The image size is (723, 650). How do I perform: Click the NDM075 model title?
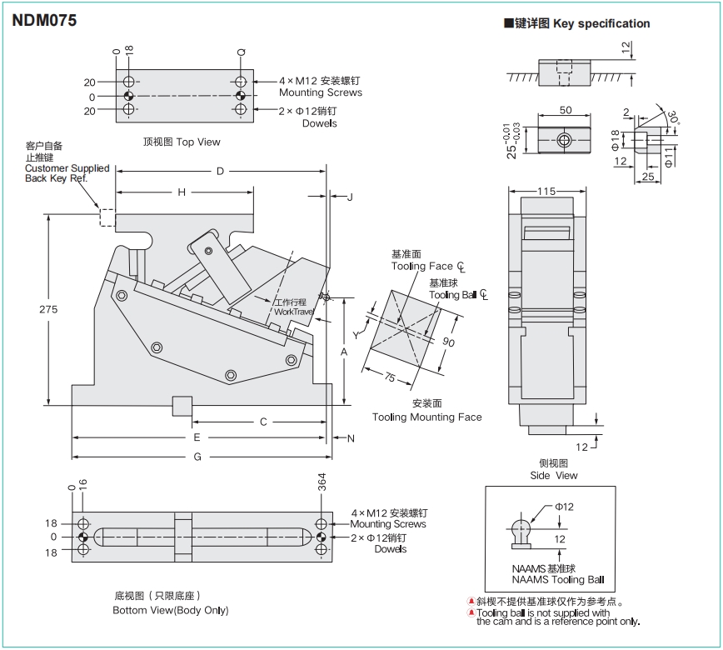[44, 21]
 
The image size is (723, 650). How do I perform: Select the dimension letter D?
[221, 172]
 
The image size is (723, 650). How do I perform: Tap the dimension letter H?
[182, 192]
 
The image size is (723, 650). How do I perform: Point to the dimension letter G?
[197, 457]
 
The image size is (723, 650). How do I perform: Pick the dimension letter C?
[263, 422]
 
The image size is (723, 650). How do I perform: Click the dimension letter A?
[343, 352]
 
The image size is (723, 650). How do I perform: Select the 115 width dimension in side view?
[546, 192]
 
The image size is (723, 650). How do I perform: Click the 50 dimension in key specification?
[566, 110]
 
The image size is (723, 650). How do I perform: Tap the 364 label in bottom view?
[322, 482]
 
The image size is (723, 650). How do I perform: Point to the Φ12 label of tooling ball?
[564, 507]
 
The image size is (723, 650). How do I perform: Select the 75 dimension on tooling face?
[390, 377]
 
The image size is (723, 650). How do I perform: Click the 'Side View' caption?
[554, 469]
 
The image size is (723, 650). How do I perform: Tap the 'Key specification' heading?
[576, 23]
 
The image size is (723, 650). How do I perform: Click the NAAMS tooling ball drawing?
[522, 534]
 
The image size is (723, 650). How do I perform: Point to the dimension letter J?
[350, 197]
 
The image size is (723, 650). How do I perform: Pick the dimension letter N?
[351, 438]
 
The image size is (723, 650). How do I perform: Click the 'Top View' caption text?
[182, 142]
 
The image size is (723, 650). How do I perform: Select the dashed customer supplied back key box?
[107, 217]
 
